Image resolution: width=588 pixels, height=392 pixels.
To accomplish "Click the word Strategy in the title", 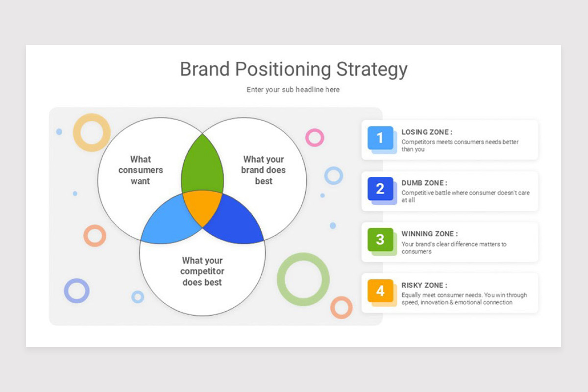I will [x=371, y=69].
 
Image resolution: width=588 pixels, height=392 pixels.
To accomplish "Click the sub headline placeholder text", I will [x=293, y=90].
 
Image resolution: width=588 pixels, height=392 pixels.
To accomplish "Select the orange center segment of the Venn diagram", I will [x=202, y=206].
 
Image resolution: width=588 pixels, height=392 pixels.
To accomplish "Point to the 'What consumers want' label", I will [x=141, y=170].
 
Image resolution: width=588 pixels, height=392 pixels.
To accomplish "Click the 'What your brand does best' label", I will [x=263, y=170].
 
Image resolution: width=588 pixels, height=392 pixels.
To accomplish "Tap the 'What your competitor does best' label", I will [x=202, y=271].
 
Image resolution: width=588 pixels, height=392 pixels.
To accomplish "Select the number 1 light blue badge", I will [x=380, y=138].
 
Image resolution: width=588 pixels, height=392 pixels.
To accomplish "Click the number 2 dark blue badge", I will [x=380, y=189].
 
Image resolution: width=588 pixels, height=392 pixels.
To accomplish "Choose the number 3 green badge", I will [x=380, y=240].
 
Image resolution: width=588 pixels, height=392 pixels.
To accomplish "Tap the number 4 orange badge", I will [x=380, y=291].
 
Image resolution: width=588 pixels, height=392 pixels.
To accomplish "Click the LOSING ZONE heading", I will [x=426, y=132].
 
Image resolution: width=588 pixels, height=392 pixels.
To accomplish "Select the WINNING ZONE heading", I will [x=429, y=234].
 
